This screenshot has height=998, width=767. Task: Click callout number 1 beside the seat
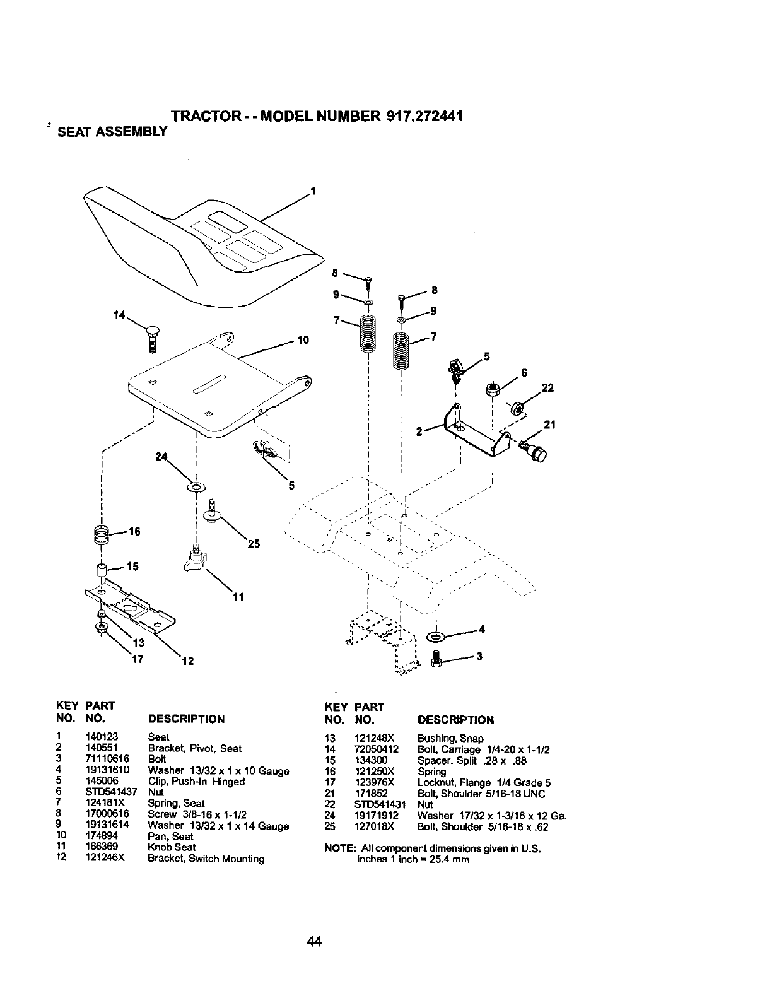tap(312, 191)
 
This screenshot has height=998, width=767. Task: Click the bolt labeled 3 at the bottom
tap(436, 658)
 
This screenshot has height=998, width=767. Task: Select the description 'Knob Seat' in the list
tap(172, 847)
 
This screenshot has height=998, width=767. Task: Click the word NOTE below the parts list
tap(337, 848)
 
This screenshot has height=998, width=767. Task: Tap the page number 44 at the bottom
tap(314, 942)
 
